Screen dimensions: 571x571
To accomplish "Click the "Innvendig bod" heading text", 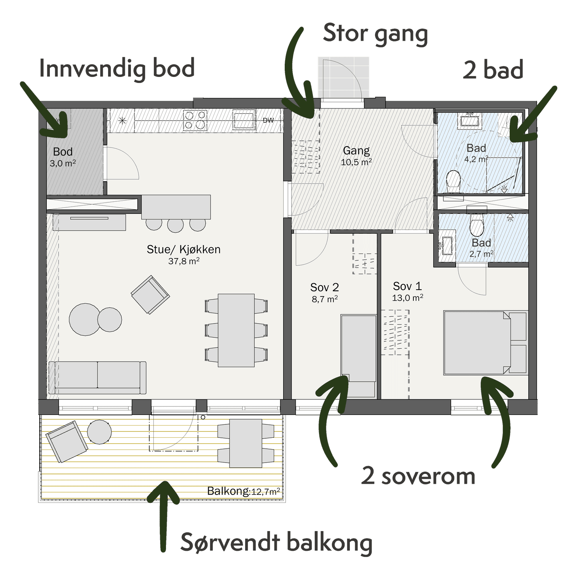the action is (117, 69).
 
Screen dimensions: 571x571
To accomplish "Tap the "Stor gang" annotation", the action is (375, 33).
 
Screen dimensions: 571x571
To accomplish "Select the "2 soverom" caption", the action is (418, 476).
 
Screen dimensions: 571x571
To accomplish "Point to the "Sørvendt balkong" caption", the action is (276, 543).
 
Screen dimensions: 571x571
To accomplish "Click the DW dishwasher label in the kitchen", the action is (268, 120).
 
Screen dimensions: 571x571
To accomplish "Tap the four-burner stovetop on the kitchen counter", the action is (195, 120).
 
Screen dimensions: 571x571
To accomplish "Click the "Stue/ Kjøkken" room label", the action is (183, 249).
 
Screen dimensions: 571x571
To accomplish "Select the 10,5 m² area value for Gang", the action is (356, 162).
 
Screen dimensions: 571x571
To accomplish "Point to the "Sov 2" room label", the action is (324, 287).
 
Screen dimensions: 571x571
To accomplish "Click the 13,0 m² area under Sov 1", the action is (408, 298).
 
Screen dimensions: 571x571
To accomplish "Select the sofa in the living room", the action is (97, 377).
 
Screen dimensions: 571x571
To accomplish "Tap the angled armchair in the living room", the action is (150, 294).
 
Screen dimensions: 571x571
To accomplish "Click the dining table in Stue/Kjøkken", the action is (236, 330).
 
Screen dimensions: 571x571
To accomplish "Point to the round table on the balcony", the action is (99, 432).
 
